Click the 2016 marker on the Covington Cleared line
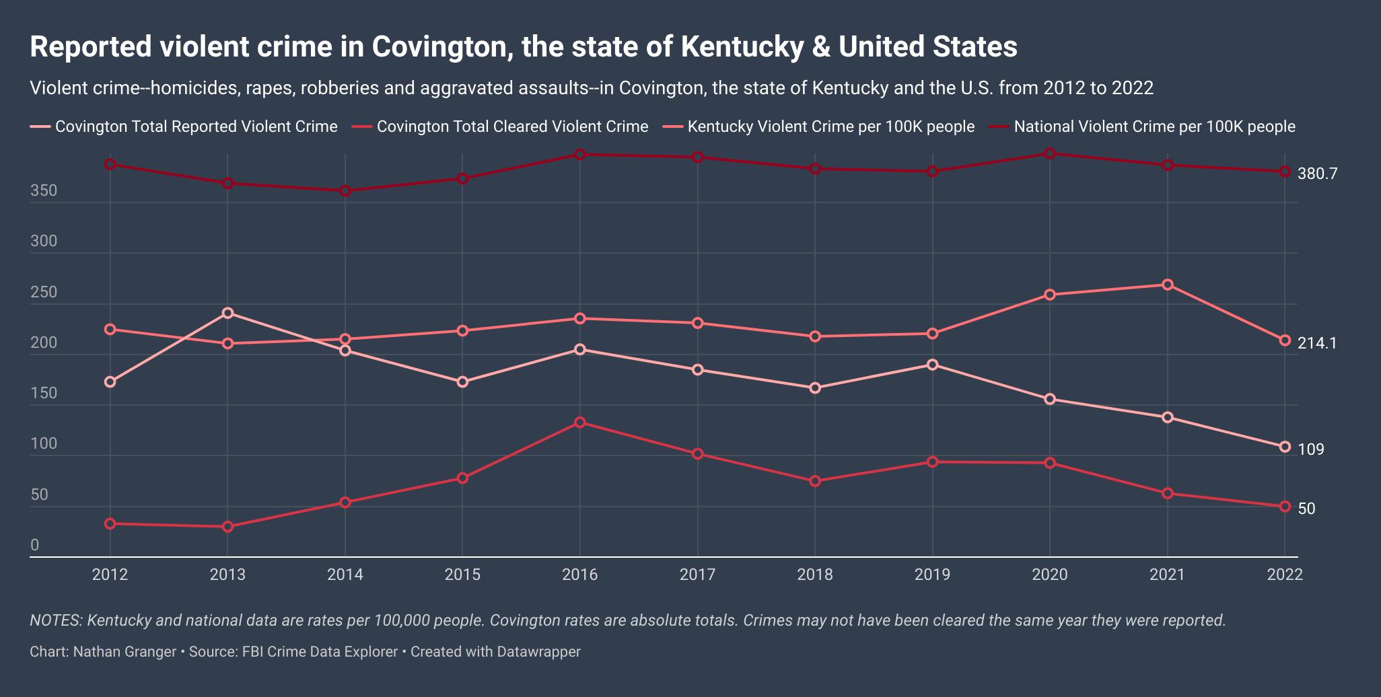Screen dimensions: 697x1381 coord(580,423)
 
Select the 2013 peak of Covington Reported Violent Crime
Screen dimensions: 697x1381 coord(227,313)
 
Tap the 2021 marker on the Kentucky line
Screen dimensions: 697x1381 coord(1168,285)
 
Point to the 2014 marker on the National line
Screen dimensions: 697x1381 coord(345,191)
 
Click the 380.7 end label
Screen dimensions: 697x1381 coord(1317,174)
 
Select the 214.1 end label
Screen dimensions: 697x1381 coord(1317,343)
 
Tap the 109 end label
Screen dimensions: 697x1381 coord(1310,449)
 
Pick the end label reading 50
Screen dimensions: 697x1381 coord(1306,509)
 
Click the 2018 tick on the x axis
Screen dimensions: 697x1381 coord(814,575)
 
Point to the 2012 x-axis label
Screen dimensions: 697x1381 coord(110,575)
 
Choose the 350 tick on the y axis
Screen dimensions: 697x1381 coord(44,191)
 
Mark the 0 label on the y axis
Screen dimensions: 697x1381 coord(35,545)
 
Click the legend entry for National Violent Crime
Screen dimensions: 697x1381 coord(1154,126)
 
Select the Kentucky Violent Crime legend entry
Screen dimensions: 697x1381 coord(830,126)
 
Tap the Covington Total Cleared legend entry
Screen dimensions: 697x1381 coord(511,126)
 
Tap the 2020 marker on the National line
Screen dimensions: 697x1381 coord(1049,153)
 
